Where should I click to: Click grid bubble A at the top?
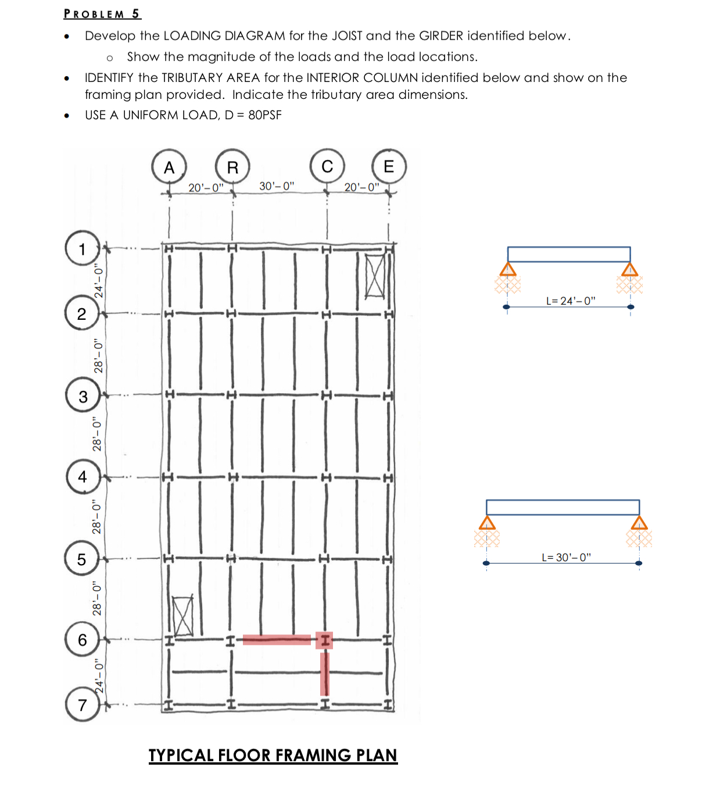point(169,167)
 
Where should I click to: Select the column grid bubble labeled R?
point(232,167)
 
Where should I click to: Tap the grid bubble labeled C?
point(327,166)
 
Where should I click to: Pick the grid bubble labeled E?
point(389,166)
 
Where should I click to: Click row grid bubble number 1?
point(82,249)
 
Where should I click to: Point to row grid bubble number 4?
point(82,476)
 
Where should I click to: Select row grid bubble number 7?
point(82,704)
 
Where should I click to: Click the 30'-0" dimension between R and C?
point(277,186)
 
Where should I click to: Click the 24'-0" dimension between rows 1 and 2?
point(99,281)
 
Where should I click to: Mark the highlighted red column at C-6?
point(324,640)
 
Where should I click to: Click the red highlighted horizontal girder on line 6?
point(277,640)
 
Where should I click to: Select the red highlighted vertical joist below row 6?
point(325,673)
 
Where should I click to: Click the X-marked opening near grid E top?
point(375,276)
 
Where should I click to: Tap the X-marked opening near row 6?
point(183,616)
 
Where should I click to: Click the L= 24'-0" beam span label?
point(571,301)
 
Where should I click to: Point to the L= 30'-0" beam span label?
point(566,557)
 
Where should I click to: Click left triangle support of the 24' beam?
point(508,269)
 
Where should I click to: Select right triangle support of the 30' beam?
point(639,522)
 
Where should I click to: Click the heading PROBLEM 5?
point(102,13)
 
